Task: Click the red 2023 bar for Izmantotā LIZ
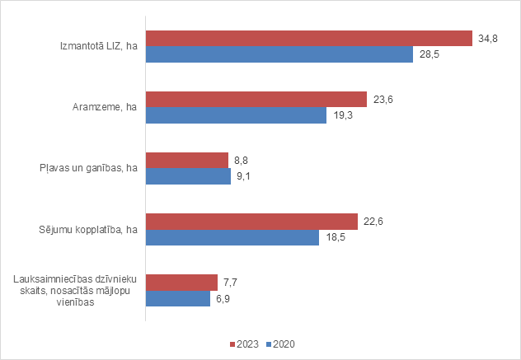308,39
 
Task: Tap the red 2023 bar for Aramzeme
256,100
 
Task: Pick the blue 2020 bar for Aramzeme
236,115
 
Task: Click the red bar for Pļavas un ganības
186,160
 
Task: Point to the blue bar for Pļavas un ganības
188,176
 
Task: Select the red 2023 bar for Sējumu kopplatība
251,222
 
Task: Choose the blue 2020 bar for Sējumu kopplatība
232,237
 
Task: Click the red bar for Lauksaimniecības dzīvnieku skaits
181,283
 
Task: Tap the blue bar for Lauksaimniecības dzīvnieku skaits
178,298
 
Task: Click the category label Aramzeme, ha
104,107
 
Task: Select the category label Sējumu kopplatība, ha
90,230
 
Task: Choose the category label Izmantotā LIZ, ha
93,47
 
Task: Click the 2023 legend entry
244,343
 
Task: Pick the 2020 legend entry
281,343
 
